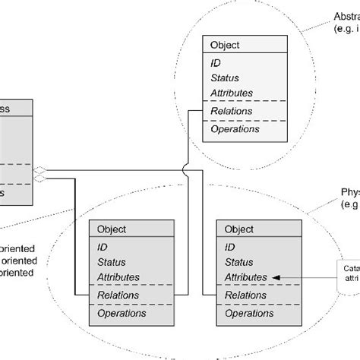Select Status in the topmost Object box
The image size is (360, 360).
tap(224, 77)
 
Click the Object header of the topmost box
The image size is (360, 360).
tap(224, 44)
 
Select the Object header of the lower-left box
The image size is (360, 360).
tap(111, 229)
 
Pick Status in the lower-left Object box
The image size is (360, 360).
tap(111, 261)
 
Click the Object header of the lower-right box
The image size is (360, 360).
tap(239, 229)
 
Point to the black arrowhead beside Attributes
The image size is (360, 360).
tap(275, 278)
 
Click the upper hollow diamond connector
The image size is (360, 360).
tap(41, 169)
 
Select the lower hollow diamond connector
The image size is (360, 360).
tap(41, 179)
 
